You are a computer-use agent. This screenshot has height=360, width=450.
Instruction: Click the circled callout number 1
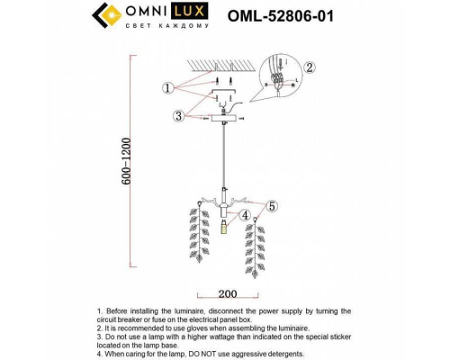167,87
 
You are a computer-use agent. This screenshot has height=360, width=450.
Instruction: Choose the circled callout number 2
309,67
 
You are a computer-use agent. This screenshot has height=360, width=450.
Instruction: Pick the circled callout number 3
180,114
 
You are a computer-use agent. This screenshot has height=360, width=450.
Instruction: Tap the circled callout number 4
245,213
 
